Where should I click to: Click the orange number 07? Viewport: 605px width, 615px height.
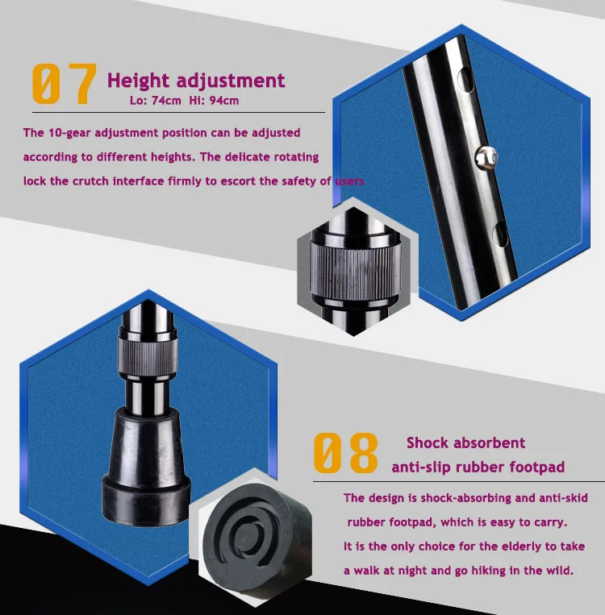tap(64, 84)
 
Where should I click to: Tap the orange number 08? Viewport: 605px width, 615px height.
tap(346, 453)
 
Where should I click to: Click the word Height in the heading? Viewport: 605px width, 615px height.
tap(138, 81)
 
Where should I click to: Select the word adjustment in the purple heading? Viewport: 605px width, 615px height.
tap(231, 81)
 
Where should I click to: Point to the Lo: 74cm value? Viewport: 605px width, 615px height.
tap(156, 101)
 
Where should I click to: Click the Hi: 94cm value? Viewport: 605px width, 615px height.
tap(214, 101)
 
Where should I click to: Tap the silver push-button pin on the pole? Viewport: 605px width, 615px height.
tap(486, 158)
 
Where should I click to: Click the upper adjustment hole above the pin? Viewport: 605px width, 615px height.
tap(465, 80)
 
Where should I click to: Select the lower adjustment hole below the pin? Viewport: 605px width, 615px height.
tap(500, 234)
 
